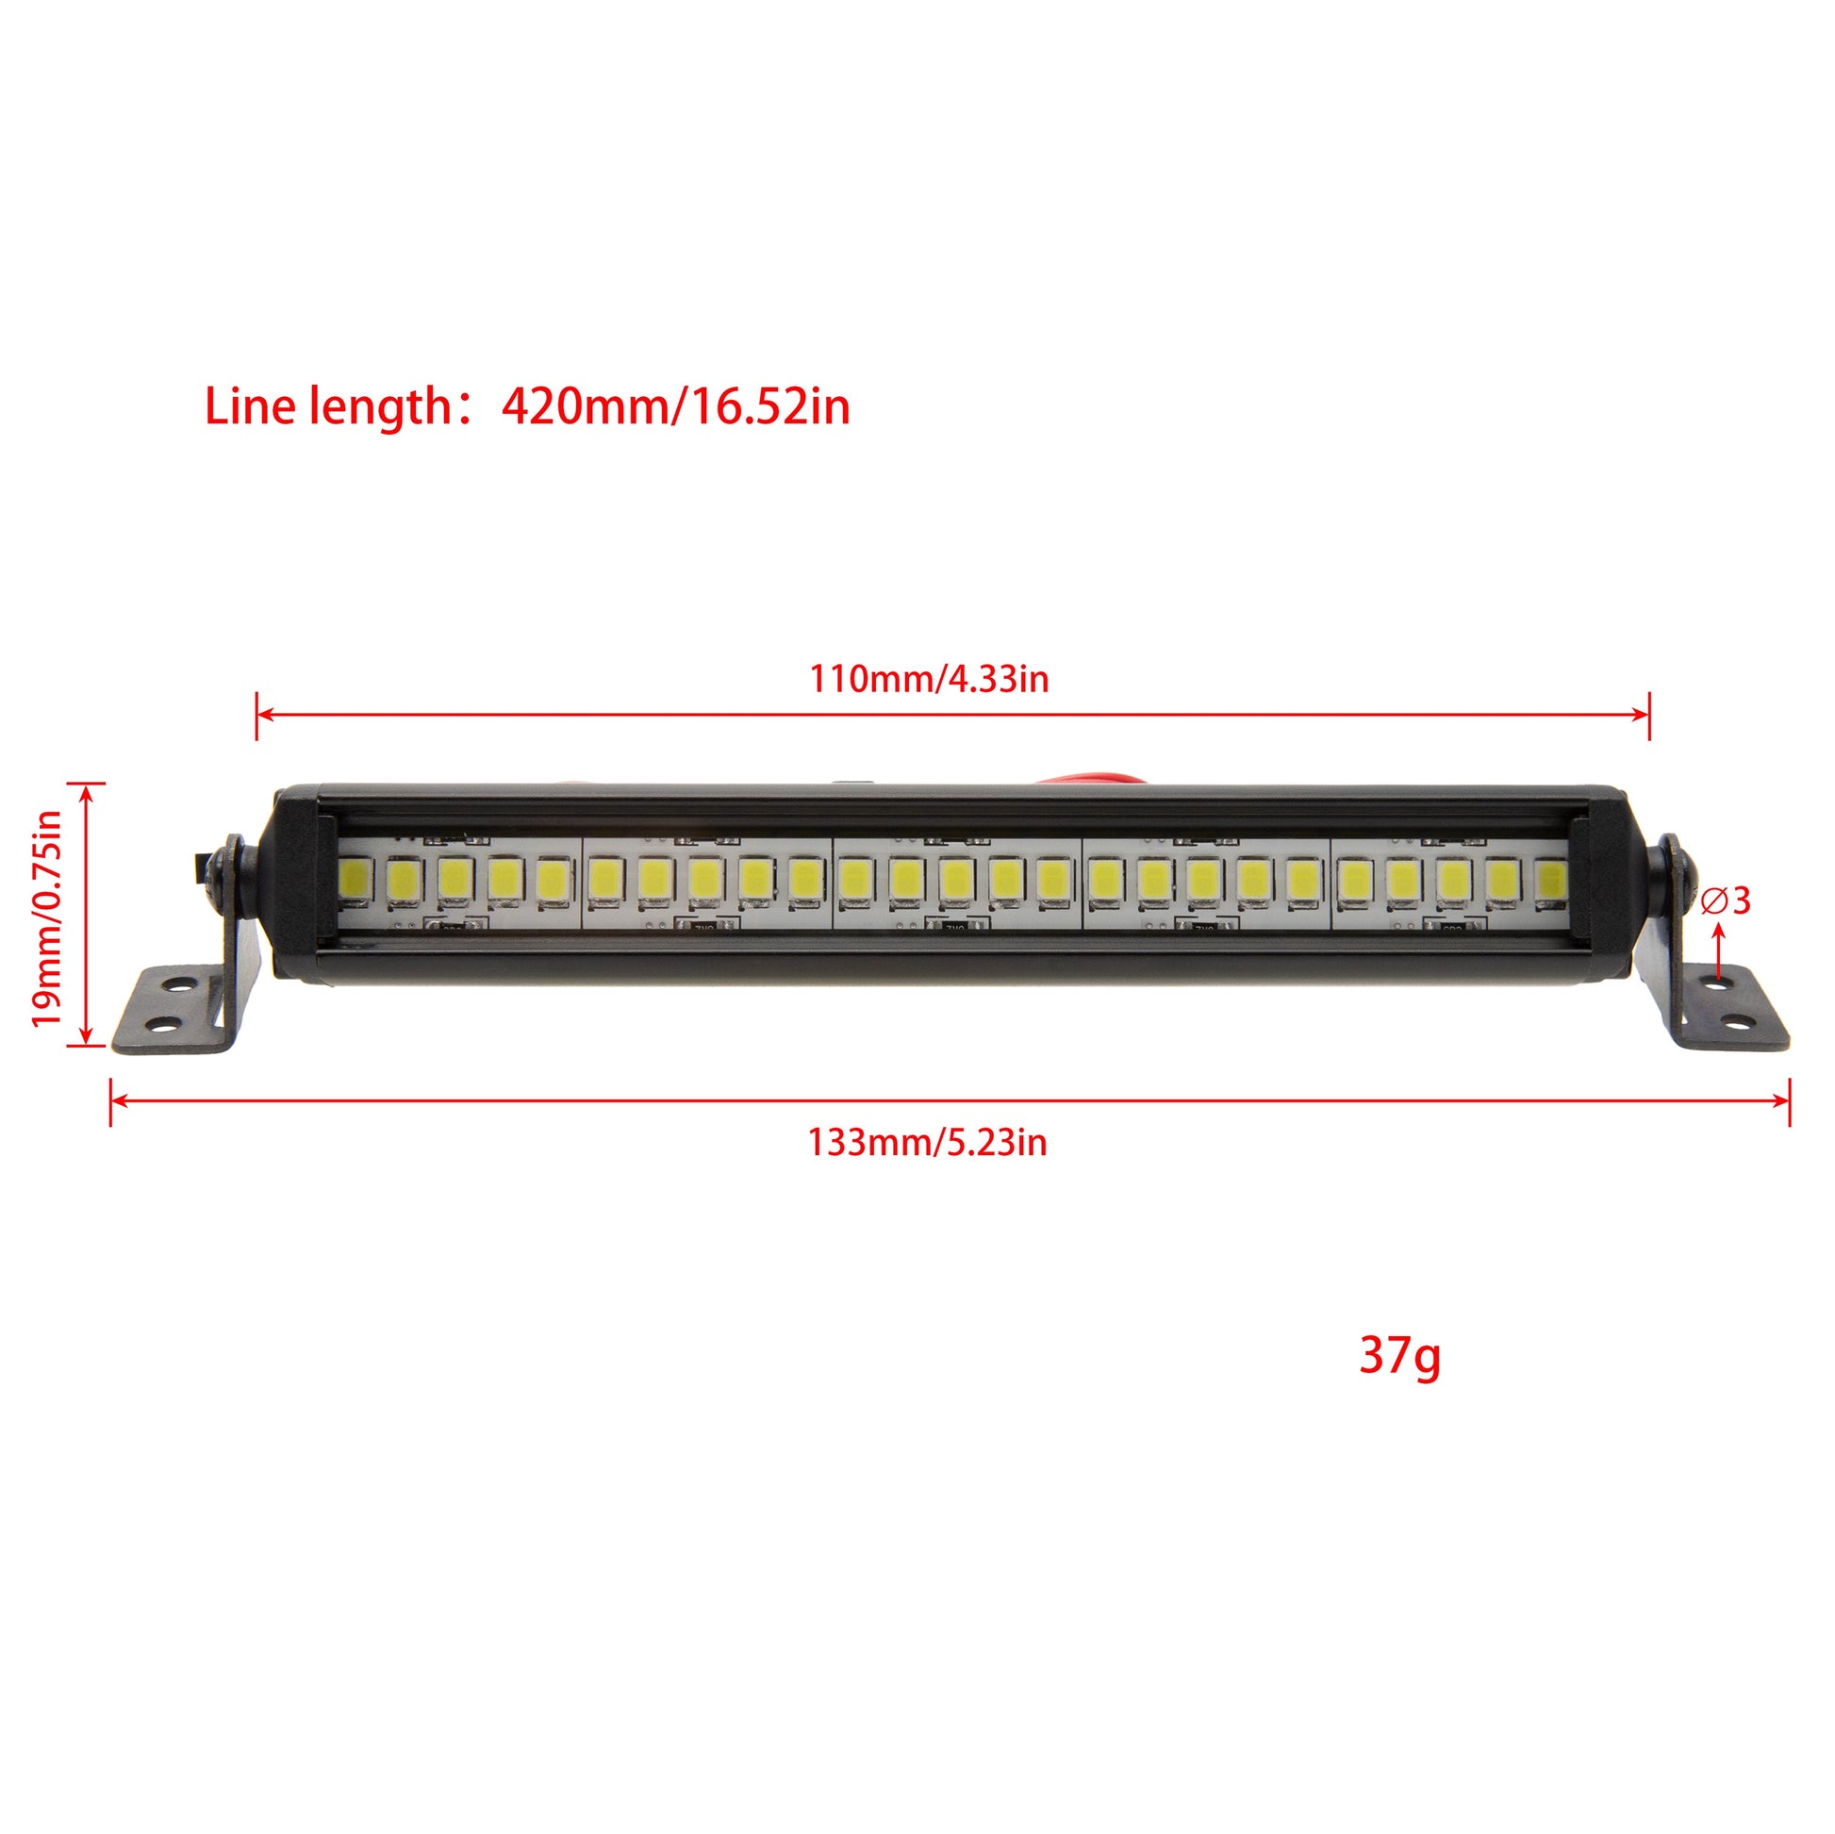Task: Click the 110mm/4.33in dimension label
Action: pyautogui.click(x=928, y=679)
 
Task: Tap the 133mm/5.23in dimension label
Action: pyautogui.click(x=927, y=1142)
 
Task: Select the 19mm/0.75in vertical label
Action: pyautogui.click(x=45, y=917)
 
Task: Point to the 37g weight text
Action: pyautogui.click(x=1399, y=1356)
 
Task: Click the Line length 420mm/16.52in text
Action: pyautogui.click(x=527, y=406)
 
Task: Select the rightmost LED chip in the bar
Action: pyautogui.click(x=1550, y=879)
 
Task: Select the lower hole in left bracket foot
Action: pyautogui.click(x=163, y=1025)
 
